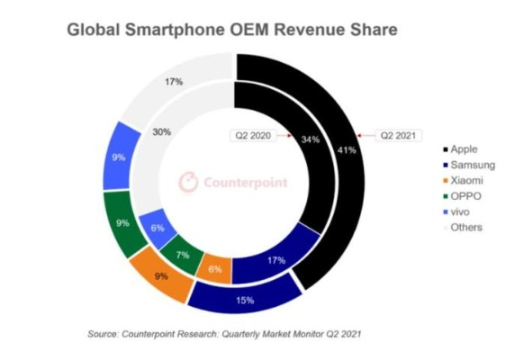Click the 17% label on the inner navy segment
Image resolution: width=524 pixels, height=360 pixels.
coord(277,261)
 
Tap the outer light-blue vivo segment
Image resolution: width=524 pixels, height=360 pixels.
coord(120,158)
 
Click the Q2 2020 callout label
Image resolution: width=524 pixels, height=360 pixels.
coord(254,137)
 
